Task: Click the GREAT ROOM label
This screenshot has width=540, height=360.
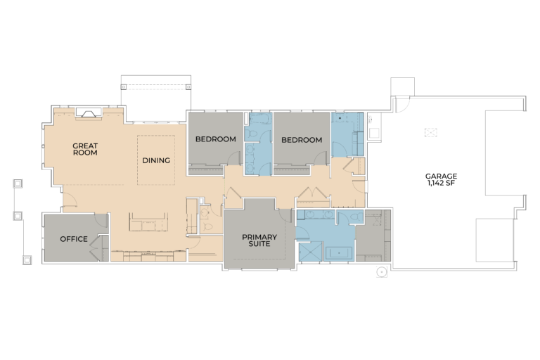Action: coord(85,149)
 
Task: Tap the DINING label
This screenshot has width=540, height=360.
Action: coord(156,160)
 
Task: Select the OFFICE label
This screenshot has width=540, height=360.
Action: coord(74,239)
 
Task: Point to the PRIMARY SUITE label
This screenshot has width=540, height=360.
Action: coord(259,240)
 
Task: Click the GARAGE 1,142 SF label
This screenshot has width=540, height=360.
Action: coord(441,179)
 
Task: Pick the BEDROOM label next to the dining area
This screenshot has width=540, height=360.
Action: coord(216,139)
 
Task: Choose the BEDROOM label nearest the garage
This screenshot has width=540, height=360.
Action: coord(302,140)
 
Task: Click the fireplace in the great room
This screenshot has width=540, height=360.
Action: coord(89,113)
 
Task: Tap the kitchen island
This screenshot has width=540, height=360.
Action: coord(148,222)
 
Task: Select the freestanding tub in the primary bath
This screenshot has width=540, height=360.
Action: coord(339,253)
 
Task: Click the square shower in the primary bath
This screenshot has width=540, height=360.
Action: coord(310,251)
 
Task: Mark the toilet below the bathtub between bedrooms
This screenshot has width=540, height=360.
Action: coord(252,134)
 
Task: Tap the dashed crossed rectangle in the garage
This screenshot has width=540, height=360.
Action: coord(430,133)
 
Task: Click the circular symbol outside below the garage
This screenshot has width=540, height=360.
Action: coord(381,272)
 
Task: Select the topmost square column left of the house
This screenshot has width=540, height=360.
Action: coord(18,184)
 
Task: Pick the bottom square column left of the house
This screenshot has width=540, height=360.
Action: coord(27,260)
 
